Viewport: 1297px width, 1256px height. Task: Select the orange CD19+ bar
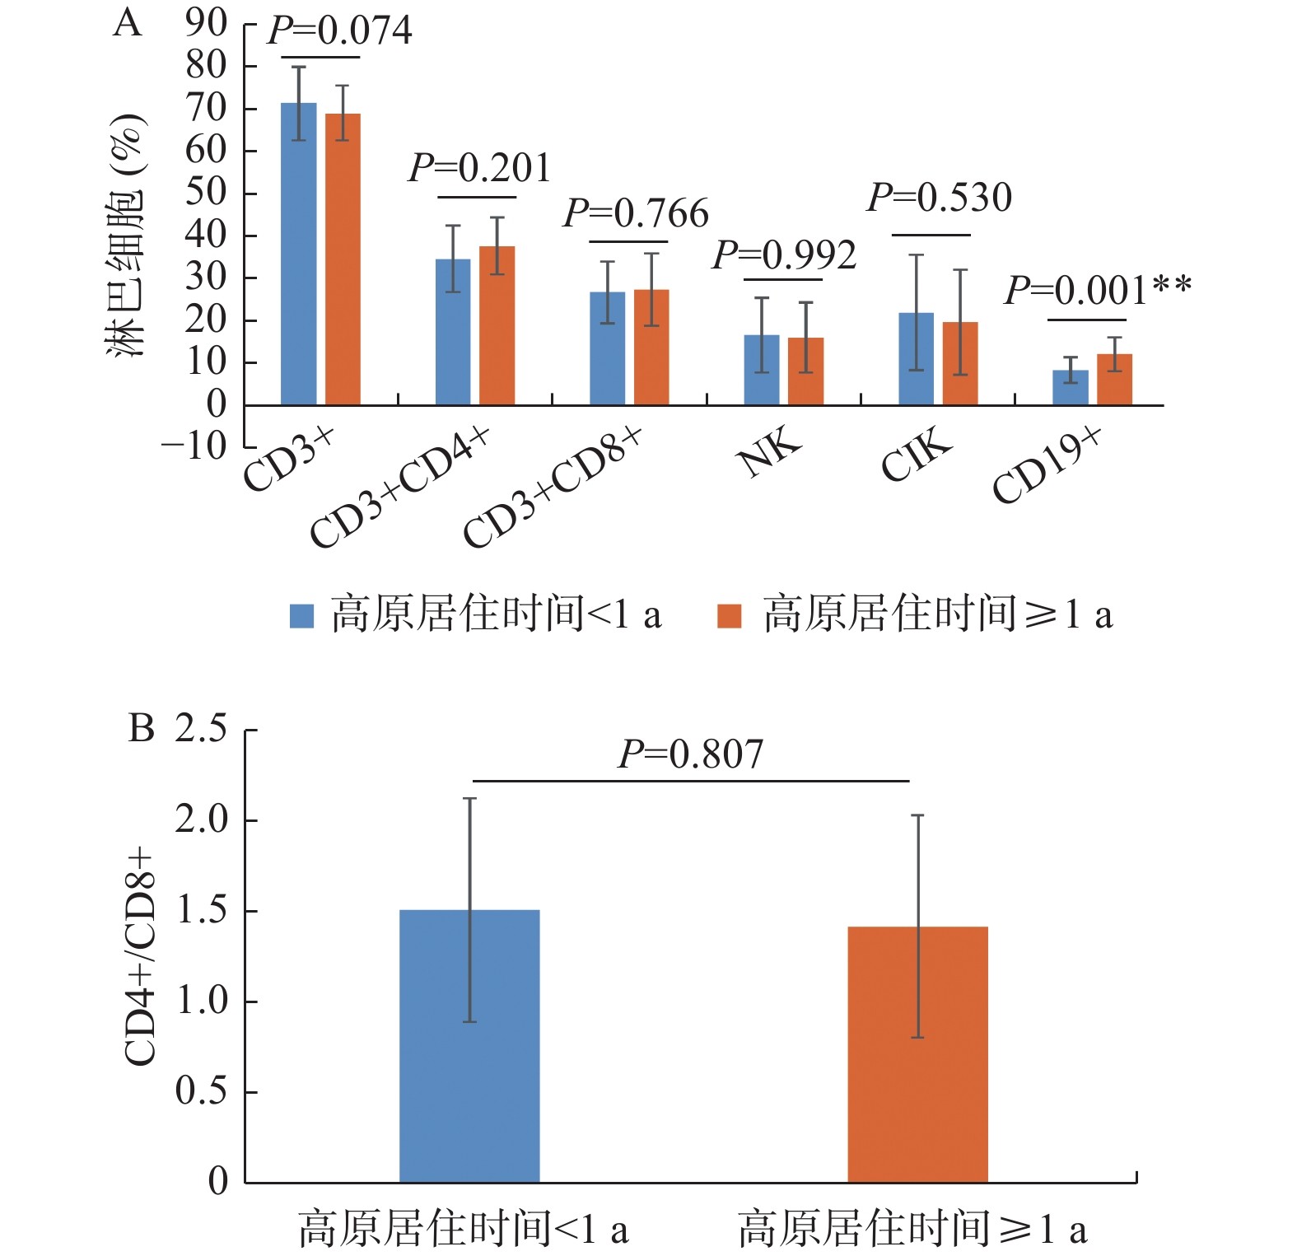pos(1114,380)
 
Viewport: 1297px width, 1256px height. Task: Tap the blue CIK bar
pos(916,359)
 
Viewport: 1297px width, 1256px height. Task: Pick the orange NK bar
pos(805,371)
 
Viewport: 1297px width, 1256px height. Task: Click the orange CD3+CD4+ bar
pos(497,325)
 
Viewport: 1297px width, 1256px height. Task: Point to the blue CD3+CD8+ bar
pos(607,348)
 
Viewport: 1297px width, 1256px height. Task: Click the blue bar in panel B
pos(469,1046)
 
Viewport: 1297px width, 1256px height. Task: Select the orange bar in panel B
pos(917,1054)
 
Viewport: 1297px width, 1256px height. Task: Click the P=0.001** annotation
pos(1097,291)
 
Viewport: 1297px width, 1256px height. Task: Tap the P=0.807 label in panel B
pos(691,754)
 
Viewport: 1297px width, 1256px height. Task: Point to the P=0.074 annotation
pos(339,31)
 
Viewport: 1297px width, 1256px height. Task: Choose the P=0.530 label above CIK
pos(939,198)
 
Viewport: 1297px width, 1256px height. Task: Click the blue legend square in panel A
pos(302,615)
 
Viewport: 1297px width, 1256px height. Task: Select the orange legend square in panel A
pos(729,615)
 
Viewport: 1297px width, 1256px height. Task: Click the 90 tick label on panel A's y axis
pos(206,23)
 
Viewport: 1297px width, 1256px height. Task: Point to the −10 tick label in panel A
pos(194,447)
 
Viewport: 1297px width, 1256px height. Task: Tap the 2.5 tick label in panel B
pos(201,729)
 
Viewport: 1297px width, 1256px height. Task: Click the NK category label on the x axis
pos(770,452)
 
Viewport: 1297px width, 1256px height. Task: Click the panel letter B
pos(141,728)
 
